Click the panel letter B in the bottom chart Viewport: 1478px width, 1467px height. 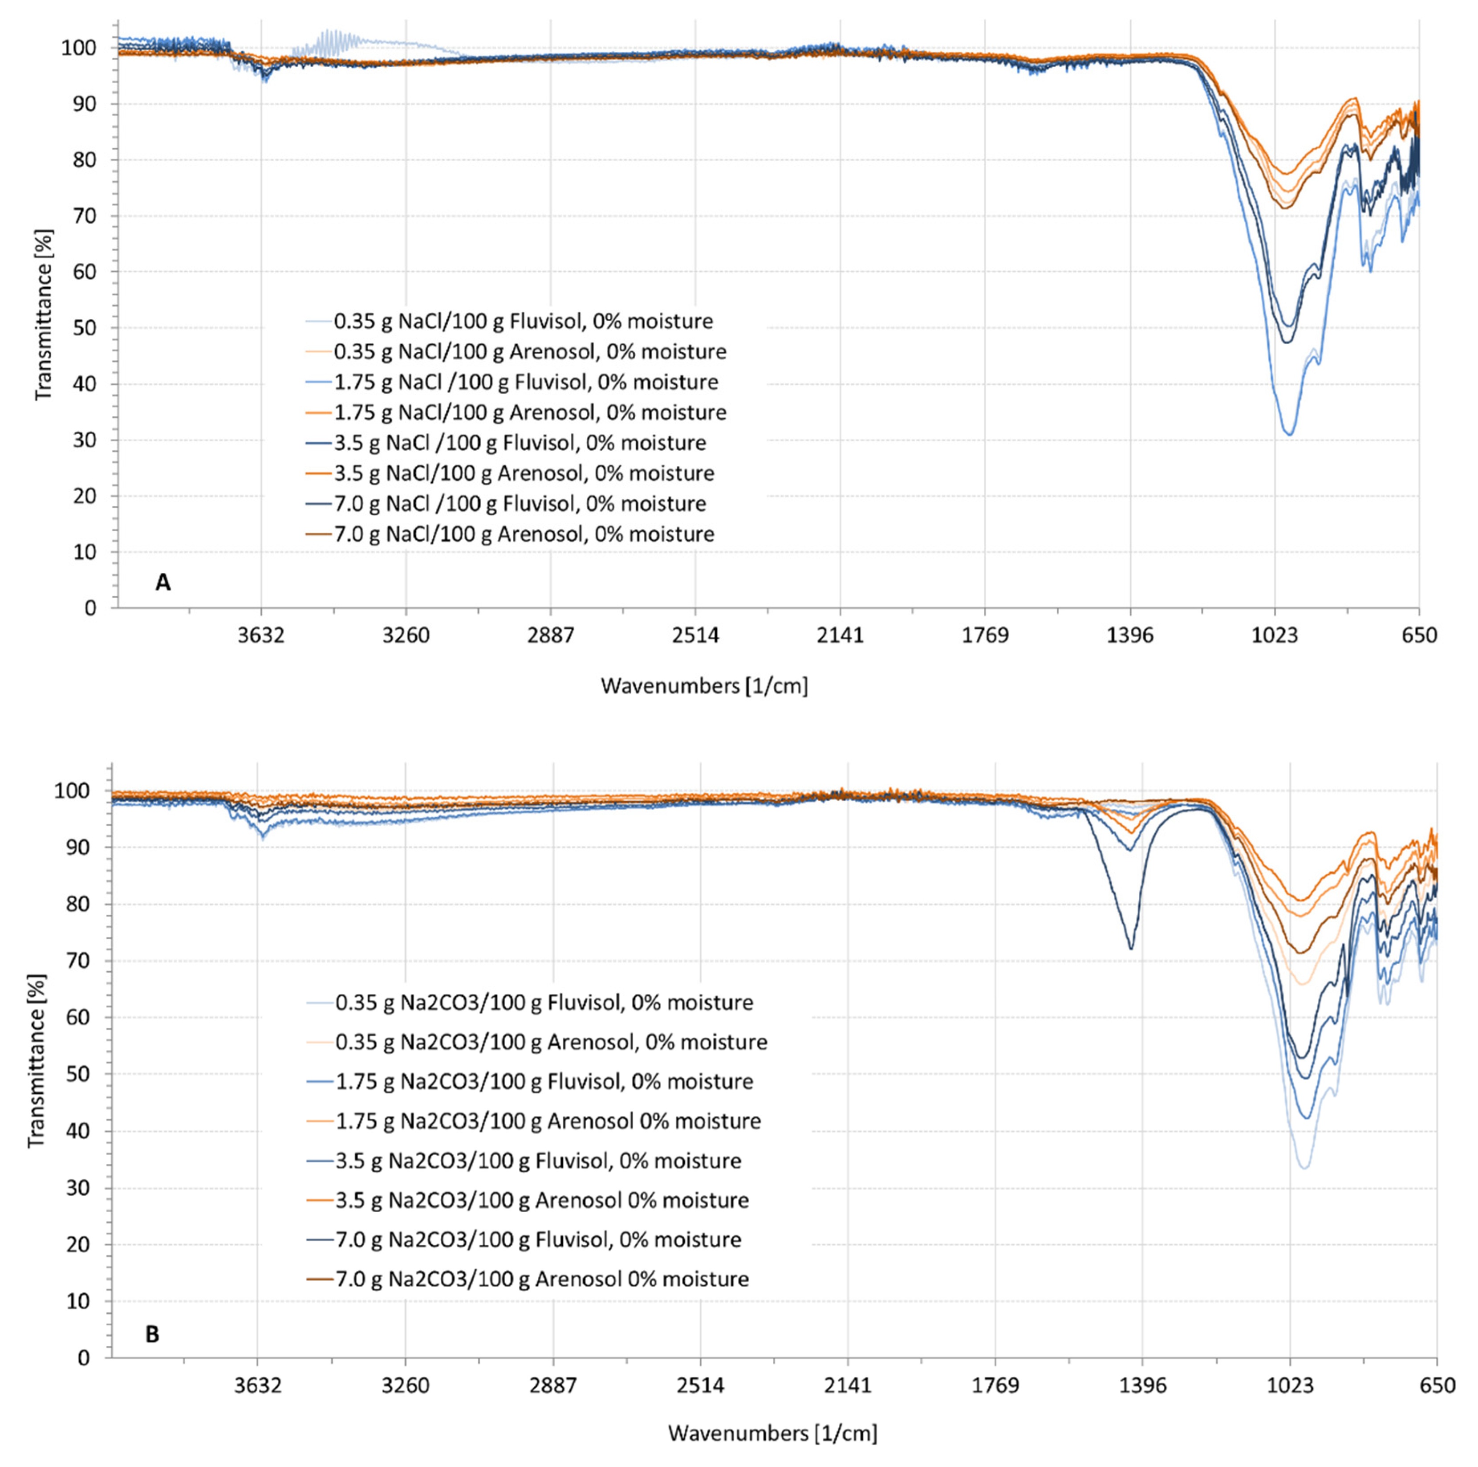[152, 1335]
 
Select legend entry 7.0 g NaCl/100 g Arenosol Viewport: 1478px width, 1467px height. [524, 534]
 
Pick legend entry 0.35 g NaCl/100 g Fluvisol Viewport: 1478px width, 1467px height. [523, 322]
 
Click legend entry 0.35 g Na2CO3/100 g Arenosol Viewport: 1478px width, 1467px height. [551, 1042]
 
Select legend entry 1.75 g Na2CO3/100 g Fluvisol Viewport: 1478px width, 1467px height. [544, 1081]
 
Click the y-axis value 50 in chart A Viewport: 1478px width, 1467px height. [85, 328]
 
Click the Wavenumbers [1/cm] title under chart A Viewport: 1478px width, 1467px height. [704, 686]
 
